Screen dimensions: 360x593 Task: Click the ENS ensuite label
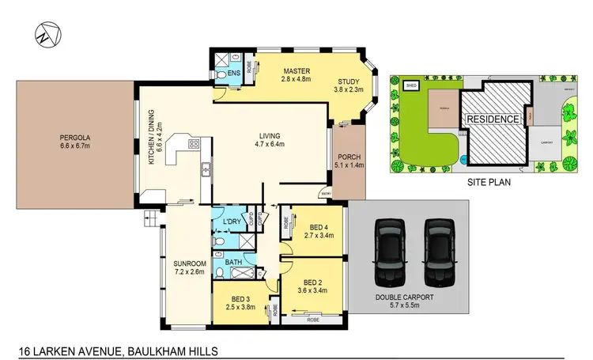[x=233, y=74]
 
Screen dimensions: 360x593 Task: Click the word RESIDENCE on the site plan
[x=492, y=119]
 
